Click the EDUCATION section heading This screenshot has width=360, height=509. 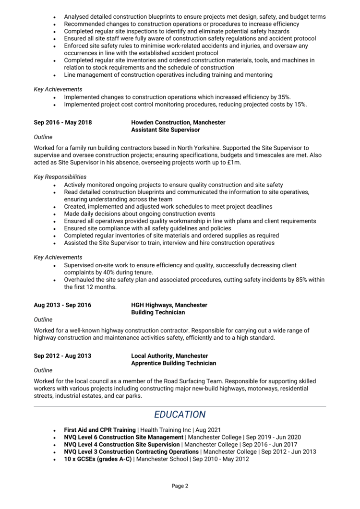tap(180, 414)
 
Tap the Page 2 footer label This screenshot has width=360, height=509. tap(180, 486)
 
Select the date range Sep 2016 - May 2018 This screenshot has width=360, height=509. tap(62, 123)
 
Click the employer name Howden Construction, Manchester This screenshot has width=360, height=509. tap(178, 123)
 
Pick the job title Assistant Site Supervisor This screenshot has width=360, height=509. tap(166, 130)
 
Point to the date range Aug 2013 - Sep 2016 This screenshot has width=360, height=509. tap(62, 305)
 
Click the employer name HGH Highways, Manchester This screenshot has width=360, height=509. tap(169, 305)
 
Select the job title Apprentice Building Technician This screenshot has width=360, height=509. tap(173, 363)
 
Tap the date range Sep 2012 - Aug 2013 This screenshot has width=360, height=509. tap(62, 356)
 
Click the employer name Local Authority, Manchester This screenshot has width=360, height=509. tap(169, 356)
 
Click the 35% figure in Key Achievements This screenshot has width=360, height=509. tap(284, 97)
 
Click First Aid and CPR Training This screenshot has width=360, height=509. tap(100, 430)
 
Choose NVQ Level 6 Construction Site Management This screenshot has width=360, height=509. tap(124, 438)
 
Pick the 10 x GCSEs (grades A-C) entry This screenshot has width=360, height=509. tap(98, 459)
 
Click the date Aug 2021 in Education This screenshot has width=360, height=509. tap(208, 430)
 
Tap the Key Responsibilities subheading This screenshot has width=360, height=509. tap(60, 177)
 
